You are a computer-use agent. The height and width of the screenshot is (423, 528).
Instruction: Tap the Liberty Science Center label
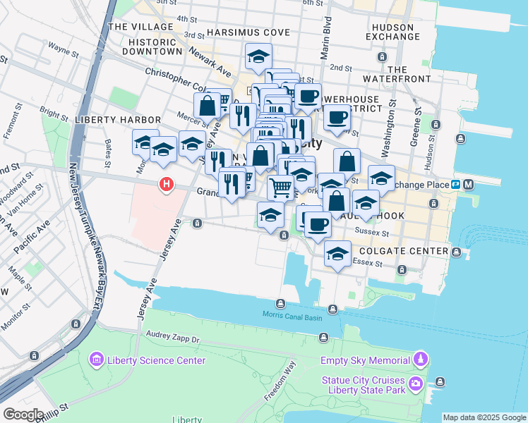pyautogui.click(x=156, y=361)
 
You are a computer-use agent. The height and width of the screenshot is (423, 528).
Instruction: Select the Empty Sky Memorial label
pyautogui.click(x=365, y=360)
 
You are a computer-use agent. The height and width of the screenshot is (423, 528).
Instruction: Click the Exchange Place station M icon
pyautogui.click(x=469, y=185)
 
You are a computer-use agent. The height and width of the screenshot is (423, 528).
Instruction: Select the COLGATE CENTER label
pyautogui.click(x=403, y=251)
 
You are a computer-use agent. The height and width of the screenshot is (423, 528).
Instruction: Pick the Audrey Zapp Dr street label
pyautogui.click(x=173, y=340)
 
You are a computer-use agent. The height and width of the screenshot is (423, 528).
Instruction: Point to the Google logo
pyautogui.click(x=23, y=415)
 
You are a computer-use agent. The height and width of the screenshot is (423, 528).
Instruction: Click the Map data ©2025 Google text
pyautogui.click(x=484, y=417)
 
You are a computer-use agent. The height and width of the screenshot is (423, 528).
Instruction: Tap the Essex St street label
pyautogui.click(x=367, y=263)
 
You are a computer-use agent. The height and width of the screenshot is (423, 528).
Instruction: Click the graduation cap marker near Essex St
pyautogui.click(x=338, y=254)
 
